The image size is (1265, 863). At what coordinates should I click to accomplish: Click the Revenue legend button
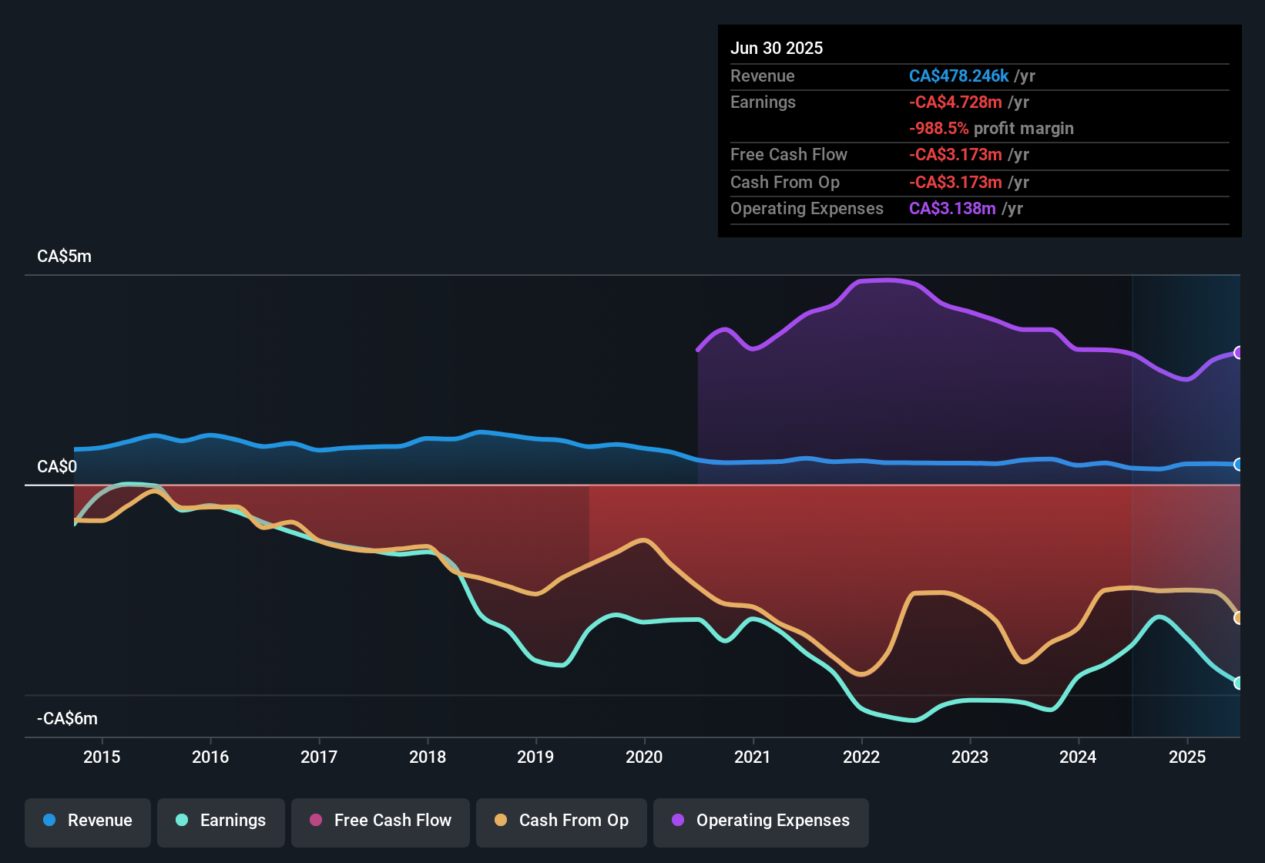coord(88,821)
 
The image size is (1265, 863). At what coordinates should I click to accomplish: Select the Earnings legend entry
coord(221,821)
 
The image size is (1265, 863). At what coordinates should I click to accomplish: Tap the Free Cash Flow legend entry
coord(381,821)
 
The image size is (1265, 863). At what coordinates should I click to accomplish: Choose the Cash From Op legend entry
coord(562,821)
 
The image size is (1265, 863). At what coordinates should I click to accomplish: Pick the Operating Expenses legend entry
coord(761,821)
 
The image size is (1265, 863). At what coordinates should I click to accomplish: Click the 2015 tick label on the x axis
coord(102,757)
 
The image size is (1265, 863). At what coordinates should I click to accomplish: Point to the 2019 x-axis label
coord(535,757)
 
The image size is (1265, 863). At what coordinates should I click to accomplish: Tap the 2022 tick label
coord(861,757)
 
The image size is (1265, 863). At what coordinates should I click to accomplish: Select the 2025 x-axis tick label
coord(1187,757)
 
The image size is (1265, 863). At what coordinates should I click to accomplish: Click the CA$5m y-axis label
coord(64,257)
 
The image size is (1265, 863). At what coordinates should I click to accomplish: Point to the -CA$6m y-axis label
coord(67,719)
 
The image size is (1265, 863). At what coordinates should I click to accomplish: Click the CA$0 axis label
coord(57,467)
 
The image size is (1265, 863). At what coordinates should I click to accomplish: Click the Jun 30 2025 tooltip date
coord(777,49)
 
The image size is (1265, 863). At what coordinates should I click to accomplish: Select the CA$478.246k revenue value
coord(958,76)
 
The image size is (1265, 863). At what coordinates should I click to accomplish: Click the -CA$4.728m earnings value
coord(955,102)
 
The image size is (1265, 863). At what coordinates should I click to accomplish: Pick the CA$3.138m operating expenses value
coord(952,209)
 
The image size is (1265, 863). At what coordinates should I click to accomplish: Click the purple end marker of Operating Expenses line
coord(1238,353)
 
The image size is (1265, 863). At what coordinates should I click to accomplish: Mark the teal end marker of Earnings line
coord(1238,683)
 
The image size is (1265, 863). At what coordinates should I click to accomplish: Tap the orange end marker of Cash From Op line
coord(1238,618)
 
